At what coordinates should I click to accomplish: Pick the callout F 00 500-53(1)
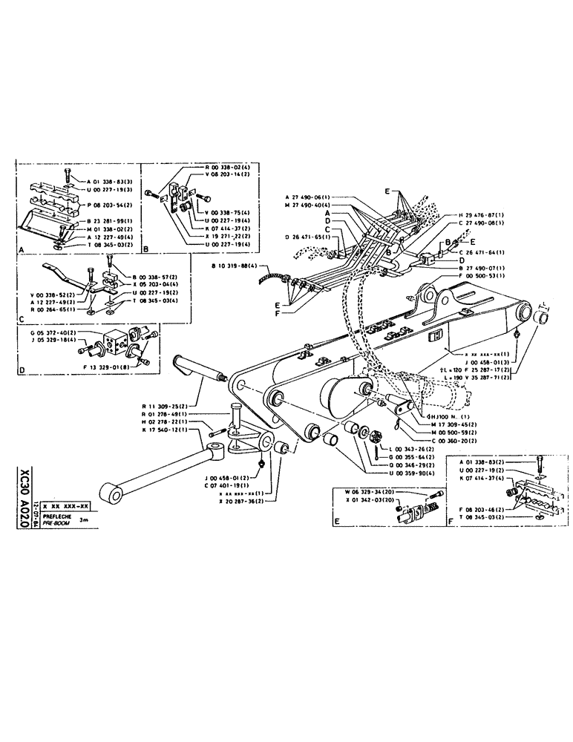tap(482, 275)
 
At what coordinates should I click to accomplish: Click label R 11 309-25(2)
tap(168, 407)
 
